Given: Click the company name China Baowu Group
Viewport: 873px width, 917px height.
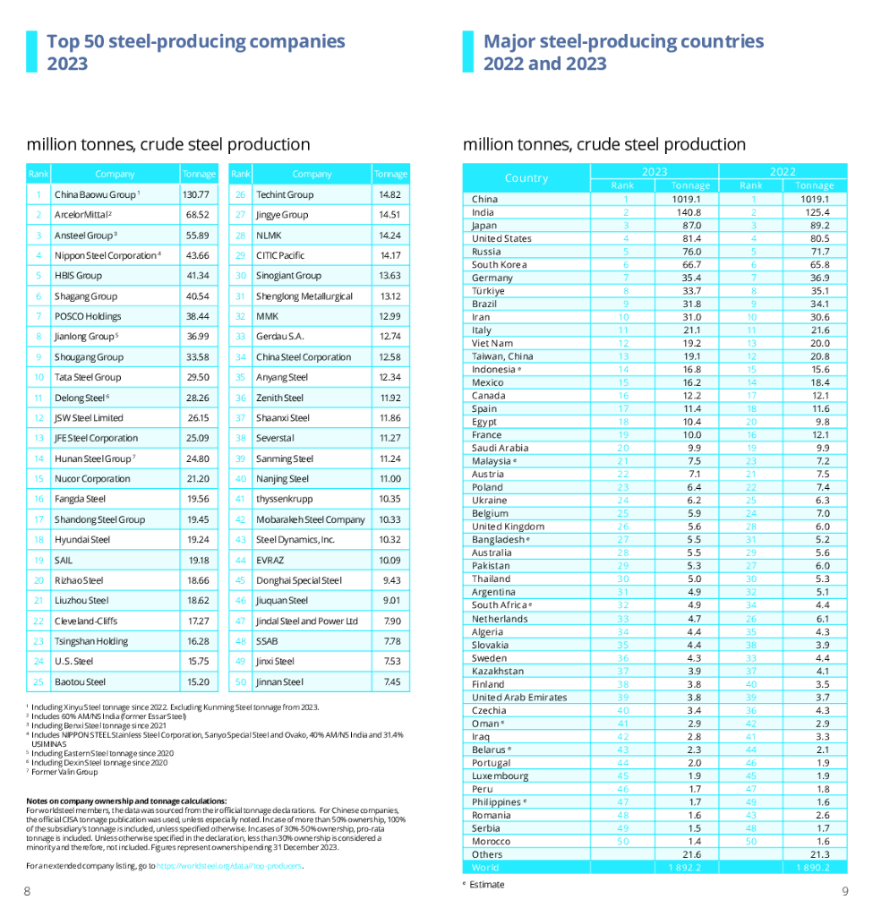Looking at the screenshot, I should click(x=95, y=194).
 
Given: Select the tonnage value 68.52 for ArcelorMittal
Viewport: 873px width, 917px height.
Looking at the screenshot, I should click(x=197, y=215).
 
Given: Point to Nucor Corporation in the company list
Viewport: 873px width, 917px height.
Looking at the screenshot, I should click(x=92, y=479).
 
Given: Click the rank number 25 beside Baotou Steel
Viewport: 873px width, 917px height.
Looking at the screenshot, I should click(x=39, y=681).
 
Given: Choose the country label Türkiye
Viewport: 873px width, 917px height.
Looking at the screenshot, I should click(x=488, y=291).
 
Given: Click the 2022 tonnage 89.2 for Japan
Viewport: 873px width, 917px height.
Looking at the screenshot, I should click(x=815, y=226).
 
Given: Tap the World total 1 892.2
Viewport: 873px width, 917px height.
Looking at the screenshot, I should click(x=686, y=868).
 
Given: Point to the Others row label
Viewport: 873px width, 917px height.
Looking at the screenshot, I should click(x=487, y=854).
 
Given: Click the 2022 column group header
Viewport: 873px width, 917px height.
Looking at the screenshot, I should click(x=783, y=171).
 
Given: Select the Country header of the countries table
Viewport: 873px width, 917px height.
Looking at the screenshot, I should click(x=526, y=177).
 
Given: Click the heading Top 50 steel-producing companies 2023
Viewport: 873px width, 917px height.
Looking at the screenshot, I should click(x=195, y=52).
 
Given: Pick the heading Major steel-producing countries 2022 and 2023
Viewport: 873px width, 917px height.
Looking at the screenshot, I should click(x=623, y=52).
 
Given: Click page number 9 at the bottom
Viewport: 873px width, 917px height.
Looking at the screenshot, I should click(x=844, y=890).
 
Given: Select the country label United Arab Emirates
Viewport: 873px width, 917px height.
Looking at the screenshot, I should click(x=519, y=698).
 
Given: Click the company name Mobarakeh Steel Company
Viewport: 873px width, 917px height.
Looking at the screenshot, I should click(x=310, y=519).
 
